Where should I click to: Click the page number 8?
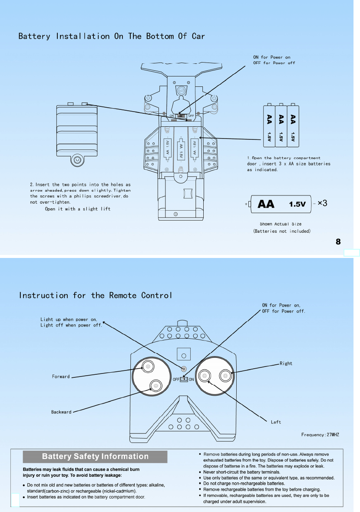coord(338,242)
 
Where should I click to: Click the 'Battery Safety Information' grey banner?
coord(95,456)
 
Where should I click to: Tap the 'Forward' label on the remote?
coord(61,377)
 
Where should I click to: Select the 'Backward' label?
coord(61,412)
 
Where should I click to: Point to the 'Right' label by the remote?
coord(286,363)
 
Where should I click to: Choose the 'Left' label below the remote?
coord(276,422)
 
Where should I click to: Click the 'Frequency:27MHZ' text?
coord(320,435)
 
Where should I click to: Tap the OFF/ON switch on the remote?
coord(184,379)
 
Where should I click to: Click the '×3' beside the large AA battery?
coord(322,203)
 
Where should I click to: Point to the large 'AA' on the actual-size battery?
coord(266,204)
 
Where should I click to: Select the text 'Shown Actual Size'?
coord(281,224)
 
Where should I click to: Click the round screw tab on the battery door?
coord(77,160)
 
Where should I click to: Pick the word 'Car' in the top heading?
coord(198,36)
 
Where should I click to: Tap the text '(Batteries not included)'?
coord(282,231)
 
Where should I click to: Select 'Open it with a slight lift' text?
coord(78,209)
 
